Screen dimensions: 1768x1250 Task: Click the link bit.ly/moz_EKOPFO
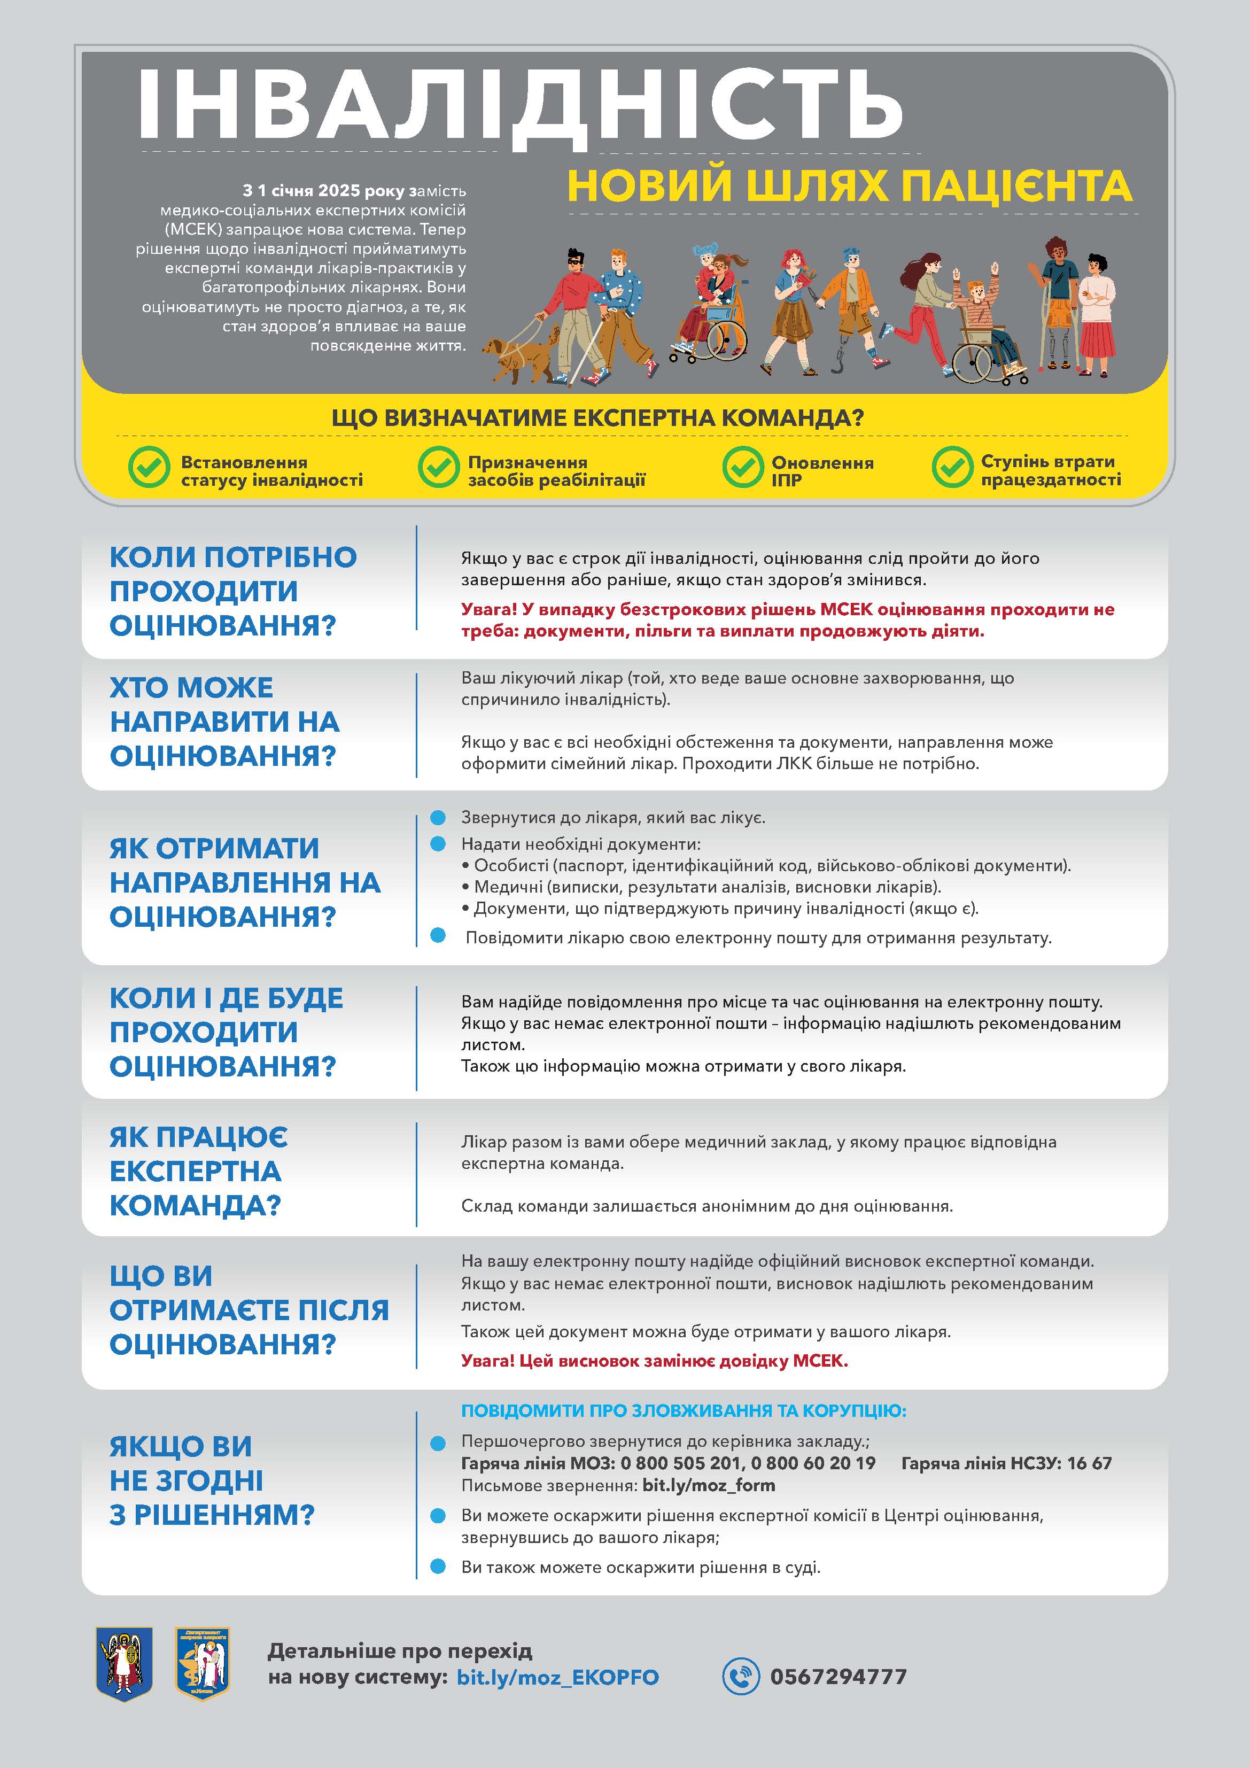click(x=557, y=1677)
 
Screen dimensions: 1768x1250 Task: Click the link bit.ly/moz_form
click(x=709, y=1485)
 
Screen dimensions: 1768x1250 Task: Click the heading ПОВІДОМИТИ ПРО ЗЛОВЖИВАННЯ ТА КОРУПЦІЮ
click(x=683, y=1410)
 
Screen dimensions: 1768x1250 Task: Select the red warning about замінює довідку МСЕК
click(x=654, y=1361)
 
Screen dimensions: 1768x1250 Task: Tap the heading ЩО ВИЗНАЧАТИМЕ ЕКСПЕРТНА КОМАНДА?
click(x=597, y=418)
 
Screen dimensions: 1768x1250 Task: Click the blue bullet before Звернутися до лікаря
click(x=438, y=817)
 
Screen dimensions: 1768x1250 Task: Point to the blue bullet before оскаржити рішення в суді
click(x=438, y=1567)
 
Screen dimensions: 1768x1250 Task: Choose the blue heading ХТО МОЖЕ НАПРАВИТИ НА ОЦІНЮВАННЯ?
click(x=224, y=722)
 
